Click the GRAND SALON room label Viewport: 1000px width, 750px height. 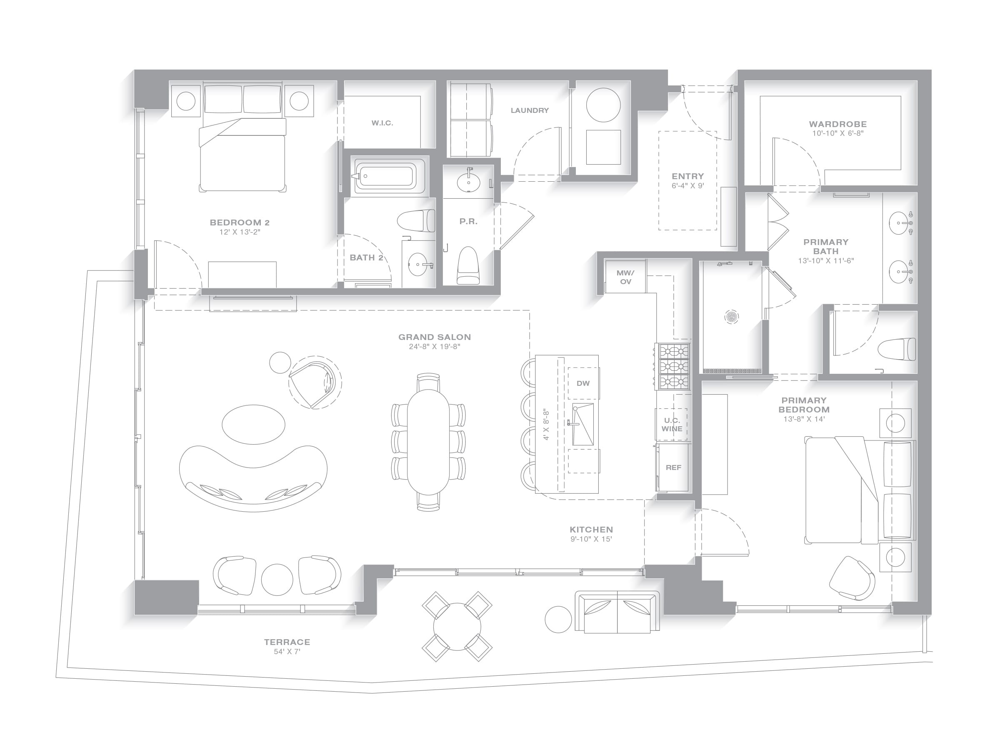(x=435, y=337)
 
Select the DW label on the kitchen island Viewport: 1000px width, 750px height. (x=583, y=383)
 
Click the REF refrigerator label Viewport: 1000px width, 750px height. (x=672, y=467)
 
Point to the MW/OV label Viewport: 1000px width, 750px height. (x=625, y=277)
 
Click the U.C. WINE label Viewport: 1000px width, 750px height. (x=672, y=425)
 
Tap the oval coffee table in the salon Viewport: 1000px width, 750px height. (x=253, y=425)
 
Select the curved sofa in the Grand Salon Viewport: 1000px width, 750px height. (x=253, y=479)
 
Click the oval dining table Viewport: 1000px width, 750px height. (x=428, y=442)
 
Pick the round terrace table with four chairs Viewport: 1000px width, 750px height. (x=457, y=627)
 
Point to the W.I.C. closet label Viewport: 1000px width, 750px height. (x=382, y=123)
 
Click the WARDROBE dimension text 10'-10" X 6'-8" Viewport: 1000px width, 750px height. (x=837, y=133)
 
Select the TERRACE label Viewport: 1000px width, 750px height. (x=287, y=642)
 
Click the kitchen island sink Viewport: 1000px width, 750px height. (x=583, y=425)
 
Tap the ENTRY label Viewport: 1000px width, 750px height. (x=687, y=176)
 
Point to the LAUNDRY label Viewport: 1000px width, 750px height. (x=530, y=110)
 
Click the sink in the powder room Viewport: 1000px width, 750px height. (x=468, y=182)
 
